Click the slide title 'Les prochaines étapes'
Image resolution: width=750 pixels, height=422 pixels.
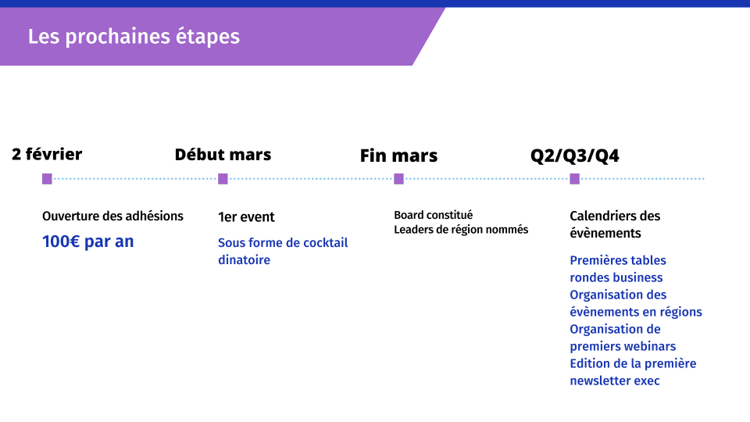click(x=134, y=37)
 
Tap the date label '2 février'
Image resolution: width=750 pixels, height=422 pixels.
click(x=47, y=154)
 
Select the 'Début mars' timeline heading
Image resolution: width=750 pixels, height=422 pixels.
click(x=223, y=155)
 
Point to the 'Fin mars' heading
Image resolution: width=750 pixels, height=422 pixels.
click(x=398, y=156)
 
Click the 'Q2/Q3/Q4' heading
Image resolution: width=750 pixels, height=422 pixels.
click(x=574, y=156)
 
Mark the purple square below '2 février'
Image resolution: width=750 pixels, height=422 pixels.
click(x=47, y=179)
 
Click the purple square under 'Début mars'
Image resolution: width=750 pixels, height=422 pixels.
click(x=223, y=179)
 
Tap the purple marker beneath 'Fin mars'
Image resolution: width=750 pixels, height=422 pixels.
click(x=399, y=179)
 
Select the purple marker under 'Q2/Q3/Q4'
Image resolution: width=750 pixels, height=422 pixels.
click(x=575, y=179)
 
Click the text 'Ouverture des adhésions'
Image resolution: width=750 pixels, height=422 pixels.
click(x=112, y=216)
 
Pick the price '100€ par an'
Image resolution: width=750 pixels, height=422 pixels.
click(x=88, y=241)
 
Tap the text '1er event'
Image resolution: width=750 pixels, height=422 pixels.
click(x=246, y=217)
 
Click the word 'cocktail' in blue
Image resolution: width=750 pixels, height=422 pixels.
click(x=326, y=242)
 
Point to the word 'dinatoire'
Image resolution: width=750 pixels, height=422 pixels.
click(x=244, y=259)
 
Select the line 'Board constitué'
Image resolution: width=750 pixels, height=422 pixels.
click(x=434, y=216)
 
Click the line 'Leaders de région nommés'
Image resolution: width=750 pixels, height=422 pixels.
click(x=461, y=230)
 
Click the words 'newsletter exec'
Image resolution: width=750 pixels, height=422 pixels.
click(x=615, y=381)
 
